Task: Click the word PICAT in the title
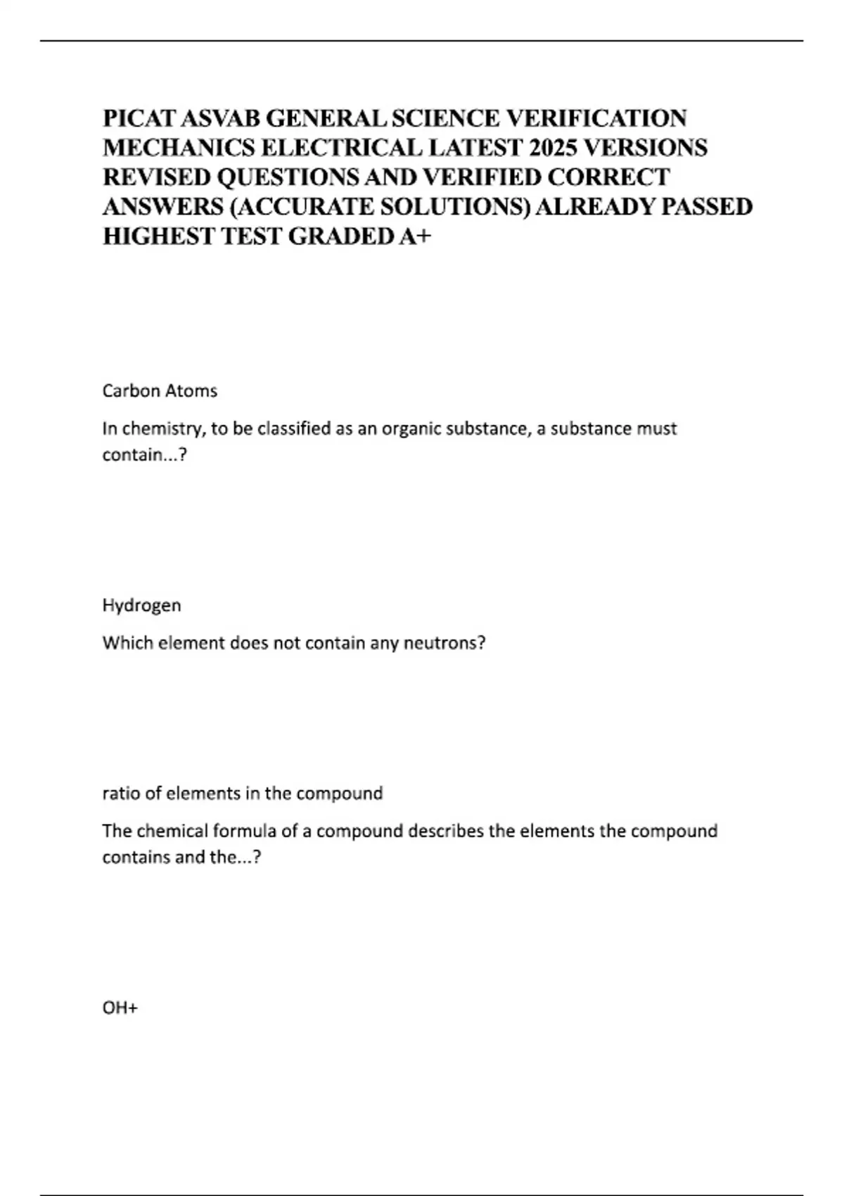point(134,117)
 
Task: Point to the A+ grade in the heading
point(414,236)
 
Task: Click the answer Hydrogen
point(141,606)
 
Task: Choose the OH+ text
point(120,1008)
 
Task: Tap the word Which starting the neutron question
point(124,643)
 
